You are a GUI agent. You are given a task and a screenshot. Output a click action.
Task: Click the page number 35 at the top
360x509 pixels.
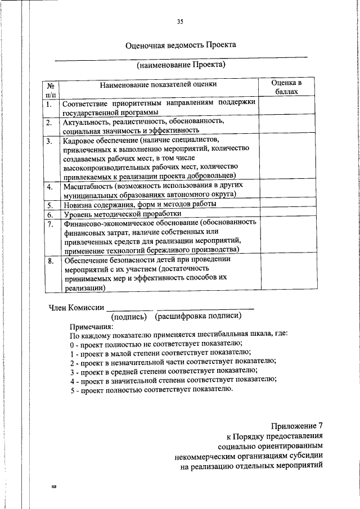(x=180, y=22)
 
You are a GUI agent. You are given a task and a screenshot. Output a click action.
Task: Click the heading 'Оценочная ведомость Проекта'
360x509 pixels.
(x=181, y=45)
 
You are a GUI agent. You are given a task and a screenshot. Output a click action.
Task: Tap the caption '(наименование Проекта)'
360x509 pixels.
(x=181, y=65)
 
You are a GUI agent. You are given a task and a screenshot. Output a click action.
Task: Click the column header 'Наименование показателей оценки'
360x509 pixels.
(x=158, y=84)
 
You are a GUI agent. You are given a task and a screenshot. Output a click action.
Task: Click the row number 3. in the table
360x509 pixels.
(x=49, y=141)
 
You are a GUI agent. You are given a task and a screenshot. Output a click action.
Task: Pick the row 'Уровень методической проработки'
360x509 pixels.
(x=122, y=214)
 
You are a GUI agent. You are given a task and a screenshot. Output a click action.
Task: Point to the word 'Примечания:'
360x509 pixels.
(x=91, y=326)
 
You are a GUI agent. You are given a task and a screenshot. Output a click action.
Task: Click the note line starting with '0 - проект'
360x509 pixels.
(x=156, y=343)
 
